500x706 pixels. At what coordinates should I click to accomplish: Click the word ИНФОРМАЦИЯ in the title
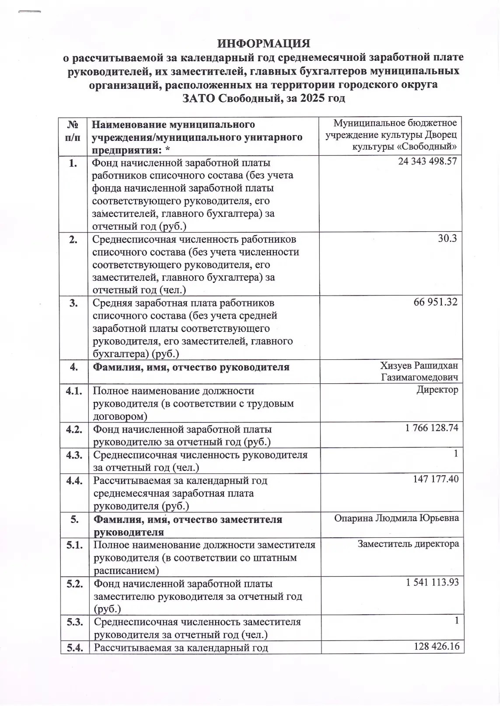coord(264,44)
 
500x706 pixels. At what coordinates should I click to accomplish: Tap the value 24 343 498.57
coord(427,161)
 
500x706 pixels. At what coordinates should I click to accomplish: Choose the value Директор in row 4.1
coord(437,390)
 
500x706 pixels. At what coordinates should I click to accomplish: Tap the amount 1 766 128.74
coord(432,428)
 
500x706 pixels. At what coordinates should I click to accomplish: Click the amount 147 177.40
coord(436,479)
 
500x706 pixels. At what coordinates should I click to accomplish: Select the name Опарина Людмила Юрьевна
coord(396,518)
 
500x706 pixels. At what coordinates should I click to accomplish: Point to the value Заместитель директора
coord(408,544)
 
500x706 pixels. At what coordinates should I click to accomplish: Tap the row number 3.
coord(73,303)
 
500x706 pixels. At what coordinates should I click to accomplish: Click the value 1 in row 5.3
coord(457,620)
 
